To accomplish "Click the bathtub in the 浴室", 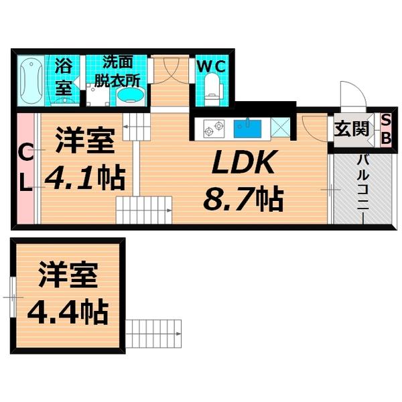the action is pos(31,80).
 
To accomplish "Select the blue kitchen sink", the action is pos(247,129).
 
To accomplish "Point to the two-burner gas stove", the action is pos(214,128).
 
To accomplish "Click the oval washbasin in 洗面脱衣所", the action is pos(131,96).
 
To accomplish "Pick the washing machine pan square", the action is pos(97,95).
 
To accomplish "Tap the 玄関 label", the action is pos(352,129).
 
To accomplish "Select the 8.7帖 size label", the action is pos(244,199).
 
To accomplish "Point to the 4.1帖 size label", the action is pos(85,178).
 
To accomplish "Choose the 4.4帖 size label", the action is pos(68,312).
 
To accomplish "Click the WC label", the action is pos(211,67).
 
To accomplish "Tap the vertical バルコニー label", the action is pos(364,182).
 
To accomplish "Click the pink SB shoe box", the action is pos(385,130).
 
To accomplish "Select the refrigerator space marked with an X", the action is pos(280,127).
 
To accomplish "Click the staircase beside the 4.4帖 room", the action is pos(153,334).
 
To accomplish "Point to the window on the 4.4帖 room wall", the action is pos(12,297).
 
